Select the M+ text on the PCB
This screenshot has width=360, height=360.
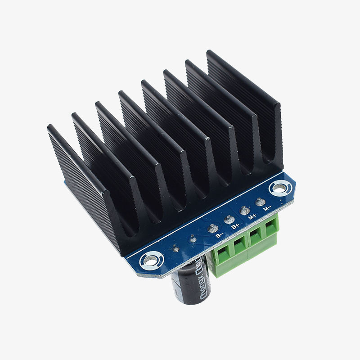[x=252, y=217]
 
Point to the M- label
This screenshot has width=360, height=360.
[x=267, y=209]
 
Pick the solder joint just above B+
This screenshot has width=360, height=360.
[x=228, y=220]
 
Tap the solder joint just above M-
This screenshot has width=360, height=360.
[x=260, y=202]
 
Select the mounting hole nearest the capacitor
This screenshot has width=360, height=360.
[x=148, y=260]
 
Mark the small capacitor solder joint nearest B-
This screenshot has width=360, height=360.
[x=193, y=239]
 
